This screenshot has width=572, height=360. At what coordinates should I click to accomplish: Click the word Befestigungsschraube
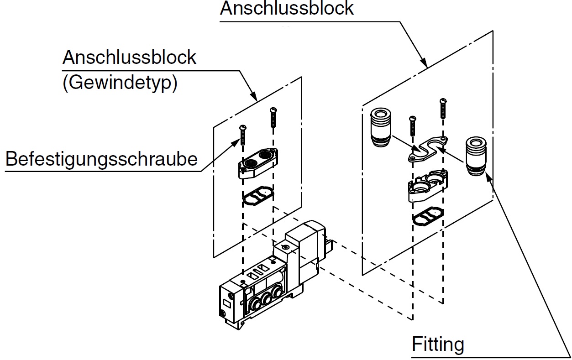click(x=101, y=159)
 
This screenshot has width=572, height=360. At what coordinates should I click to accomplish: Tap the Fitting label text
click(x=438, y=344)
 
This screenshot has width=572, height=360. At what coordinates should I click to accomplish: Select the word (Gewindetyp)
click(x=119, y=83)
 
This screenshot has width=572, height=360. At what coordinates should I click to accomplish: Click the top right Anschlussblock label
click(x=287, y=8)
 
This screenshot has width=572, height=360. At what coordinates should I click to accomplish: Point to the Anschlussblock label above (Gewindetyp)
click(x=129, y=58)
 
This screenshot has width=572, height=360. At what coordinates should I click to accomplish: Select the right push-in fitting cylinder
click(x=475, y=155)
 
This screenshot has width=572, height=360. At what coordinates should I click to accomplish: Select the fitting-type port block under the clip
click(x=427, y=185)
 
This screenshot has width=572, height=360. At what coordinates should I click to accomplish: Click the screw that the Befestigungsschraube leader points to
click(x=243, y=134)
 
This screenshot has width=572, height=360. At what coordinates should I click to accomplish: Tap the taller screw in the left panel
click(x=273, y=117)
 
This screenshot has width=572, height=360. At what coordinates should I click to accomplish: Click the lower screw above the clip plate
click(x=413, y=125)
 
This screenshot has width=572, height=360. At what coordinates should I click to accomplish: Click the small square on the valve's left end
click(x=226, y=303)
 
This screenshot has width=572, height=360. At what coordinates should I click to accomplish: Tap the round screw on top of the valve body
click(x=285, y=247)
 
